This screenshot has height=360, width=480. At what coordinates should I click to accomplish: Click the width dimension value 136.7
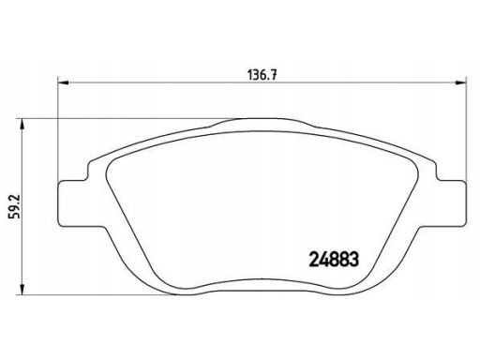pos(262,75)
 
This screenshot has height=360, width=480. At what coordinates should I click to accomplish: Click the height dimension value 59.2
pos(15,206)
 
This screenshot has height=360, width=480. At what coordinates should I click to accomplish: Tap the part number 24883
pos(334,260)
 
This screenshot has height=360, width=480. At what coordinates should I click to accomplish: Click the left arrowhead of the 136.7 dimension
pos(63,82)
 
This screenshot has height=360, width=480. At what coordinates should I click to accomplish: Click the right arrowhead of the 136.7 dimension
pos(460,82)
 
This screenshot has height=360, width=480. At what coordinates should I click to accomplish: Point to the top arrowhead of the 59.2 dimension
pos(22,124)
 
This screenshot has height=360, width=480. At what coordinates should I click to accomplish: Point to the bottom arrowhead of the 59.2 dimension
pos(22,289)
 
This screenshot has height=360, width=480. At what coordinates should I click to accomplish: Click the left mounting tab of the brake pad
pos(72,203)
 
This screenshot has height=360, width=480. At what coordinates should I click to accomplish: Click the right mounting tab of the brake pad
pos(452,203)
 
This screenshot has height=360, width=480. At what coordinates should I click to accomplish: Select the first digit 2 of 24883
pos(314,260)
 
